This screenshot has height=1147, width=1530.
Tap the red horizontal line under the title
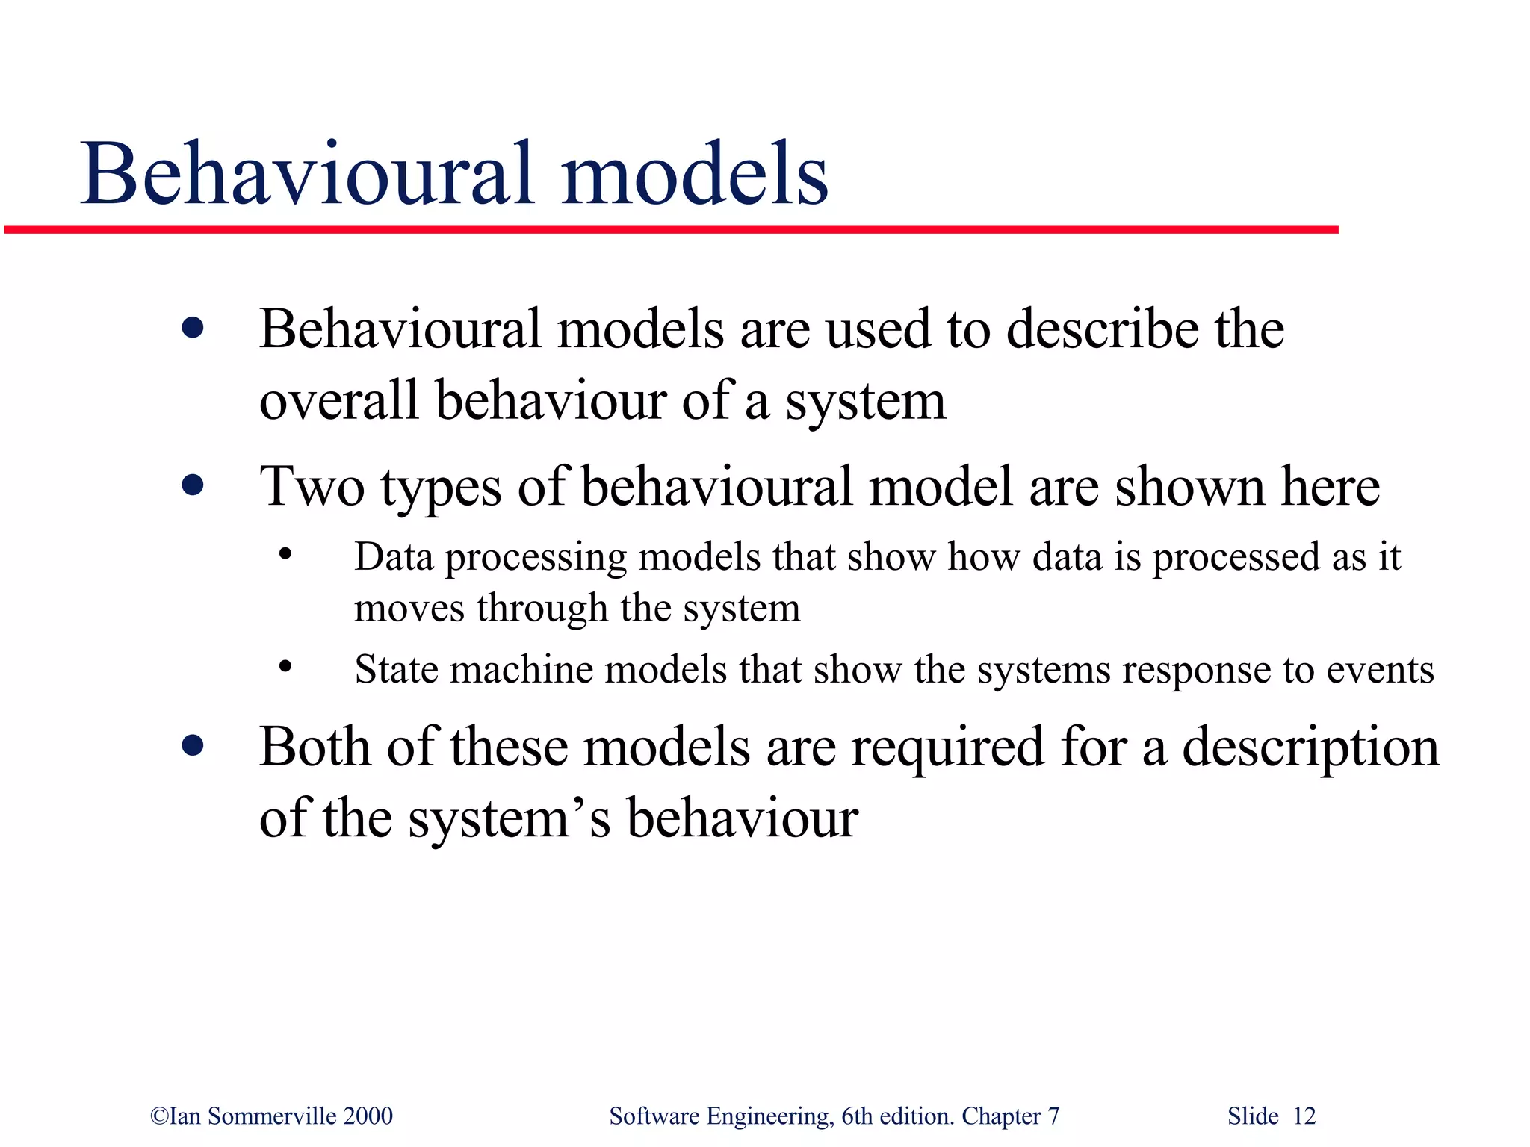tap(672, 229)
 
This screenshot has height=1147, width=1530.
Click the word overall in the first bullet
tap(338, 400)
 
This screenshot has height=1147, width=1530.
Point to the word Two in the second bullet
tap(312, 487)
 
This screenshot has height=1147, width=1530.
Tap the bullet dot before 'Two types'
tap(193, 486)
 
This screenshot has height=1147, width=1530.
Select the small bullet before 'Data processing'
tap(285, 555)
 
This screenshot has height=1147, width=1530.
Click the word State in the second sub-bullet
tap(396, 669)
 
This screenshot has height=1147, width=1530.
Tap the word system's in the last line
tap(509, 818)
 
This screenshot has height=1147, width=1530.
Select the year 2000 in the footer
tap(368, 1116)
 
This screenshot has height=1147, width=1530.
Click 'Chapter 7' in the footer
tap(1010, 1116)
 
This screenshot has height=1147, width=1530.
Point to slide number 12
tap(1304, 1116)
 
